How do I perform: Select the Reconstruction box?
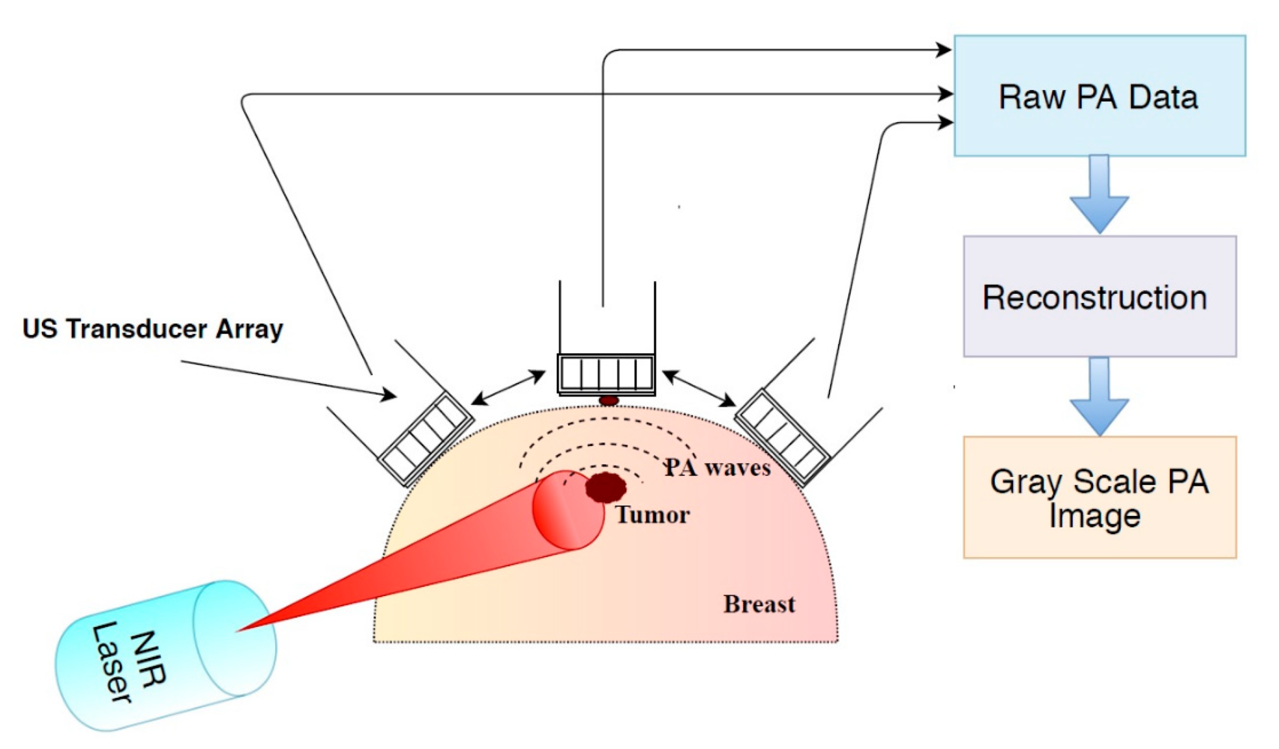(x=1099, y=296)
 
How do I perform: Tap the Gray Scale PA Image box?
(x=1099, y=497)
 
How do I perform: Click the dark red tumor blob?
(x=606, y=487)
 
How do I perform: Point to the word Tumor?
(x=652, y=515)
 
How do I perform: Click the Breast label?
(x=759, y=604)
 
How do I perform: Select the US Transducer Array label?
(x=153, y=329)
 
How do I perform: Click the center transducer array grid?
(x=606, y=373)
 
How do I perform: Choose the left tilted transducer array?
(x=425, y=438)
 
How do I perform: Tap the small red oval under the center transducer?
(x=609, y=401)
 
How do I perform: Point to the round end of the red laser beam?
(x=569, y=510)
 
